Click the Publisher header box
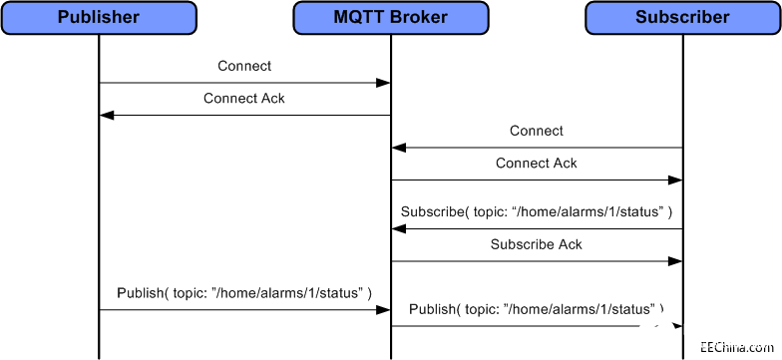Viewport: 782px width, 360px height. (99, 17)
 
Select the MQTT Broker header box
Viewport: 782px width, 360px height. (390, 17)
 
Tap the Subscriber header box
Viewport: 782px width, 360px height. (682, 17)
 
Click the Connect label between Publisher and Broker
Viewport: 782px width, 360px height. (244, 66)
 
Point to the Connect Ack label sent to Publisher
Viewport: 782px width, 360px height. (244, 99)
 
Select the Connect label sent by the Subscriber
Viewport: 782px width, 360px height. (537, 131)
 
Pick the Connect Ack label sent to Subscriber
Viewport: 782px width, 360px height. (537, 163)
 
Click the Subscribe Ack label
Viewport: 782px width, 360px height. (537, 244)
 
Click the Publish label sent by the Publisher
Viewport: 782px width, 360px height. (244, 293)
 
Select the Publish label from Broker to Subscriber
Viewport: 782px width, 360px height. (537, 309)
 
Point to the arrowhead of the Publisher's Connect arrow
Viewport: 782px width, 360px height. (383, 83)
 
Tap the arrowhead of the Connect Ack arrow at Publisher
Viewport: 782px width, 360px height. (107, 116)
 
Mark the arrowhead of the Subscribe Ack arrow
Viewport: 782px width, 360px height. (675, 261)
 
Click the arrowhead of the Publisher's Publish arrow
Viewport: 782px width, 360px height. (383, 310)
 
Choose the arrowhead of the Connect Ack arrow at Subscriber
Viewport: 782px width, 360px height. (675, 180)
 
